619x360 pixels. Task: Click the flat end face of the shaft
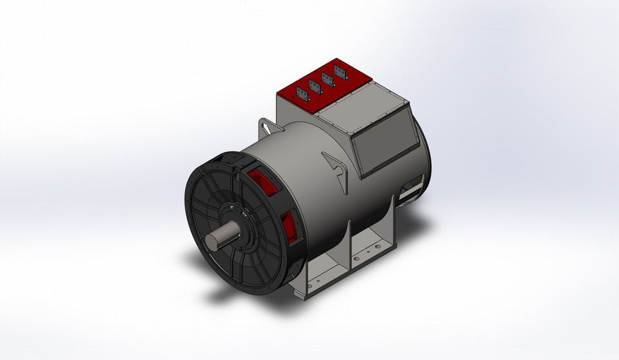coord(212,241)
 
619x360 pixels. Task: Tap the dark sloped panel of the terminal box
coord(383,145)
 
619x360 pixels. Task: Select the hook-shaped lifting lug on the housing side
coord(336,164)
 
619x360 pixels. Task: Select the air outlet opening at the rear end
coord(409,190)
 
